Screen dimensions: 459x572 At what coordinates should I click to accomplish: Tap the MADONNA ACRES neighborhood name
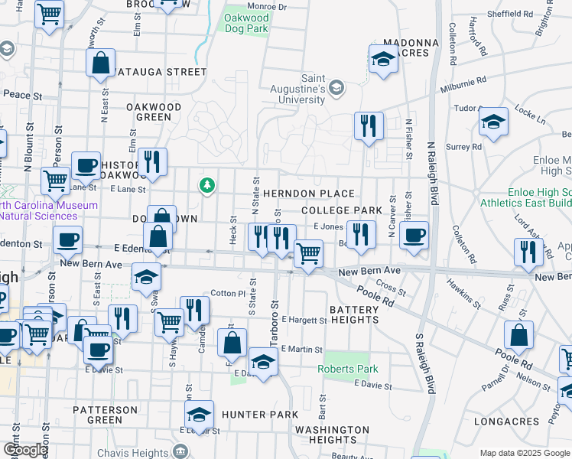pos(412,47)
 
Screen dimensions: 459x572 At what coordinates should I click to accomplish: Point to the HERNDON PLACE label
pos(308,194)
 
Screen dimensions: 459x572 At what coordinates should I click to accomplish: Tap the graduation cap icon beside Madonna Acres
pos(382,59)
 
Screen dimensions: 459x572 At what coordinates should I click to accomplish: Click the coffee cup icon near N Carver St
pos(414,236)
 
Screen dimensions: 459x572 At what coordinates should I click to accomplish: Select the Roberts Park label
pos(348,369)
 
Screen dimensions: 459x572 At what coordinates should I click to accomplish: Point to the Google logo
pos(25,450)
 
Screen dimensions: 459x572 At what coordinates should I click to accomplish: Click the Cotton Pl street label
pos(227,293)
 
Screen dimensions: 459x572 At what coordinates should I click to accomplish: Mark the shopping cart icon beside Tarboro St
pos(307,253)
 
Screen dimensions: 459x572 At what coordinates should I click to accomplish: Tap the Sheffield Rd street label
pos(510,14)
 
